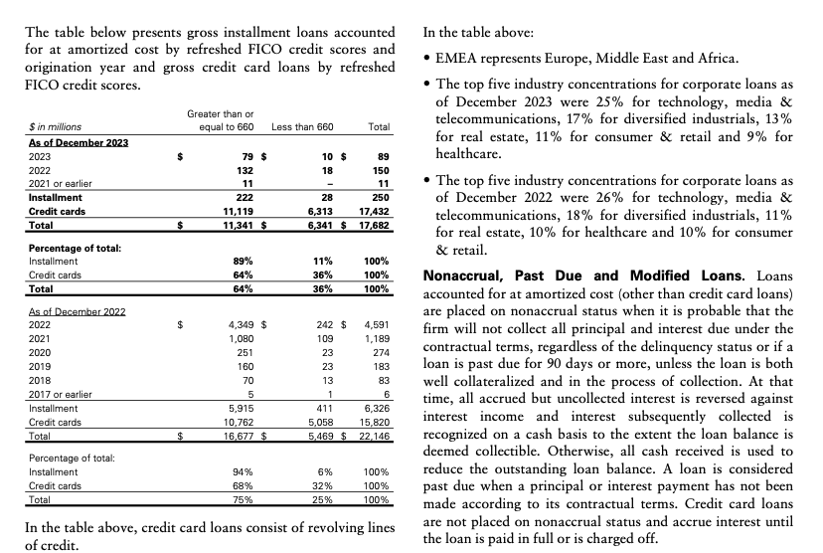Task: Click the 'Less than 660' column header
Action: point(302,126)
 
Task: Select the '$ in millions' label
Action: point(57,126)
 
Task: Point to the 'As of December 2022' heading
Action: point(78,310)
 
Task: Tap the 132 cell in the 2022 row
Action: point(245,170)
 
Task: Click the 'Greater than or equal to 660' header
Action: point(220,120)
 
